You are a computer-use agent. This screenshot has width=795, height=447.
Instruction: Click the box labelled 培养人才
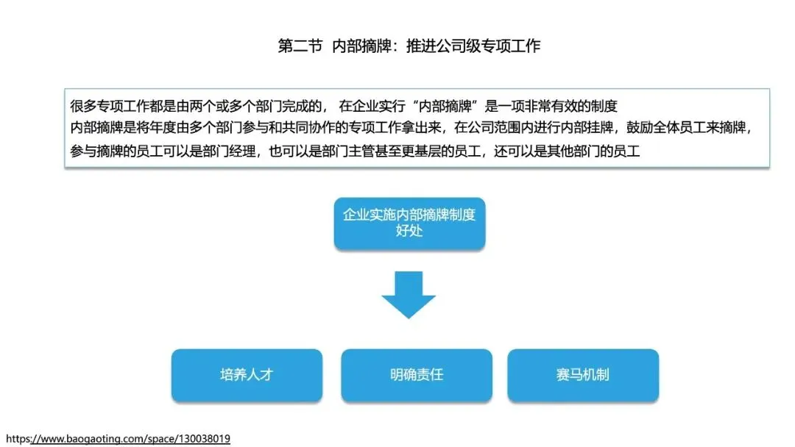247,375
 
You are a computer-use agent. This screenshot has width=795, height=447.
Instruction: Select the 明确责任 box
417,375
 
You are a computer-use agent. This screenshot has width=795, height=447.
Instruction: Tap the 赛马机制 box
583,375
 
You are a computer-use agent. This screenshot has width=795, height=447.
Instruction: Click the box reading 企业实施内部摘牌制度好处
409,223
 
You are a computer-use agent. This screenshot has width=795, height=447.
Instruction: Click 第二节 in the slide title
300,46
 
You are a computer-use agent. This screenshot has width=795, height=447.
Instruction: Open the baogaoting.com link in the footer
118,439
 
